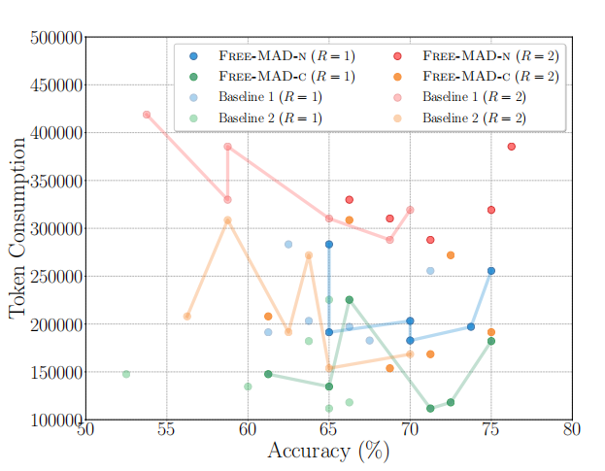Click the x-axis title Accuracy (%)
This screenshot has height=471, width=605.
coord(328,452)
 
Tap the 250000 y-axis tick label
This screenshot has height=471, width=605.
coord(56,277)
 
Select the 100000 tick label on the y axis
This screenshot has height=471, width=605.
coord(56,421)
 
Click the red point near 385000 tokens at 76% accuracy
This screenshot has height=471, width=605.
coord(512,147)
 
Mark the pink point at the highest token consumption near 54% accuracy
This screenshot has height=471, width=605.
coord(147,115)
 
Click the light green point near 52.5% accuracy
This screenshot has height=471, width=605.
coord(126,374)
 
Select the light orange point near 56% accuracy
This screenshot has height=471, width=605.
coord(187,316)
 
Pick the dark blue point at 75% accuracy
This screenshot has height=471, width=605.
coord(491,271)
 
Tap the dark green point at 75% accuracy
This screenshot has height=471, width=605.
coord(491,341)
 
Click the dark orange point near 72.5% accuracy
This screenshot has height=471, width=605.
coord(451,255)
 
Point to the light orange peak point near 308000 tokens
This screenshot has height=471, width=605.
coord(228,220)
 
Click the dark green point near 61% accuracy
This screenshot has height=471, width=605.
coord(268,374)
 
